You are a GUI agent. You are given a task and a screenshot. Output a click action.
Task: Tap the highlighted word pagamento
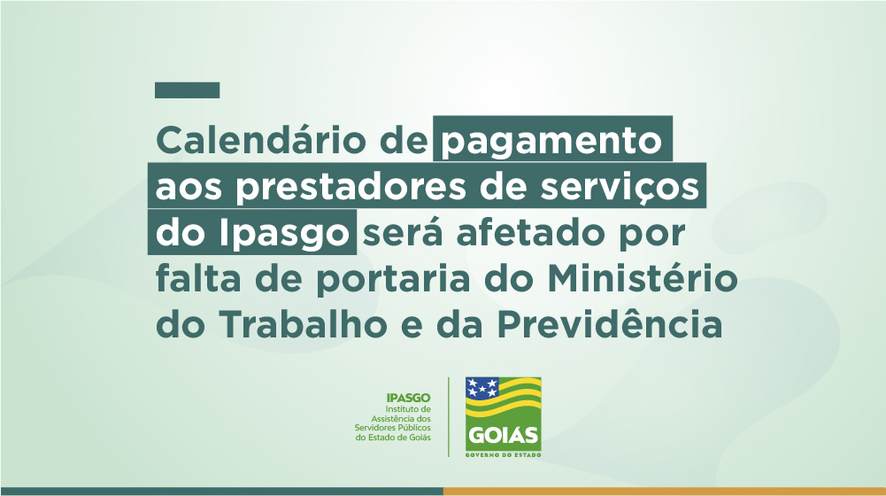tap(551, 142)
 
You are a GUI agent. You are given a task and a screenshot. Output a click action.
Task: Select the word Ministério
tap(643, 278)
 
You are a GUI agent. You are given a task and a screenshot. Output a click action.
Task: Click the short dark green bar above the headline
tap(187, 90)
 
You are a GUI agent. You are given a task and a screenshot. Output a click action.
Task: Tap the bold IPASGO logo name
tap(409, 398)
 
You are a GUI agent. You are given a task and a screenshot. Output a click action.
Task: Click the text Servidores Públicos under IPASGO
tap(392, 428)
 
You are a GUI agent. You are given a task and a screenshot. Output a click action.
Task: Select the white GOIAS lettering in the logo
tap(504, 436)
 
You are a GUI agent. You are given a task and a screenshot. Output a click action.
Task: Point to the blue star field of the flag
tap(482, 387)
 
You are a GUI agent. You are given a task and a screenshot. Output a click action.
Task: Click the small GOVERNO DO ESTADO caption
tap(504, 454)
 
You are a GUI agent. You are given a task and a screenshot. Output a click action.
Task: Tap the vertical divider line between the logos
tap(449, 417)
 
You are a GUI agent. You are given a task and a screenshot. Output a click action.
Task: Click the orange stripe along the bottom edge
tap(665, 492)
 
